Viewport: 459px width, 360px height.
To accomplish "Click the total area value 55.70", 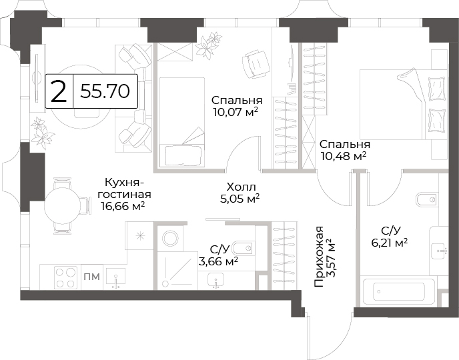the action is coord(105,91).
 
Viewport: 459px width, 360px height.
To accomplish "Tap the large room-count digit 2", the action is coord(59,91).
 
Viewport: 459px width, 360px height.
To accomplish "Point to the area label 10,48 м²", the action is coord(344,156).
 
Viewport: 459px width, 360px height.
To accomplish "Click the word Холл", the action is coord(242,187).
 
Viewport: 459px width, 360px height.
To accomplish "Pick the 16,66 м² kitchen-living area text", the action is coord(123,206).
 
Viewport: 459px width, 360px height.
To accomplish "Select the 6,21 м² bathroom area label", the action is coord(390,243).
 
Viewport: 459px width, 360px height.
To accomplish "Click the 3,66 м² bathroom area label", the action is coord(217,261).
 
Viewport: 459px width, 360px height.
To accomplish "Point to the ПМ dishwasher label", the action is coord(91,277).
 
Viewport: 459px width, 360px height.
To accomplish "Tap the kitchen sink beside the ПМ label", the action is coord(115,279).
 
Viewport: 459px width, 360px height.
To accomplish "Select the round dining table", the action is coord(63,206).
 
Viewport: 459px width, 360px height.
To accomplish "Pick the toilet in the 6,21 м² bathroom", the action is coord(427,199).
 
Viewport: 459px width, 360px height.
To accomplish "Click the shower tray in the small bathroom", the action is coord(177,271).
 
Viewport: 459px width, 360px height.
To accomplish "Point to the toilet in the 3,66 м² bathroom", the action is coord(244,248).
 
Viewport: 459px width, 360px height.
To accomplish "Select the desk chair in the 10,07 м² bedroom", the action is coord(256,64).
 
